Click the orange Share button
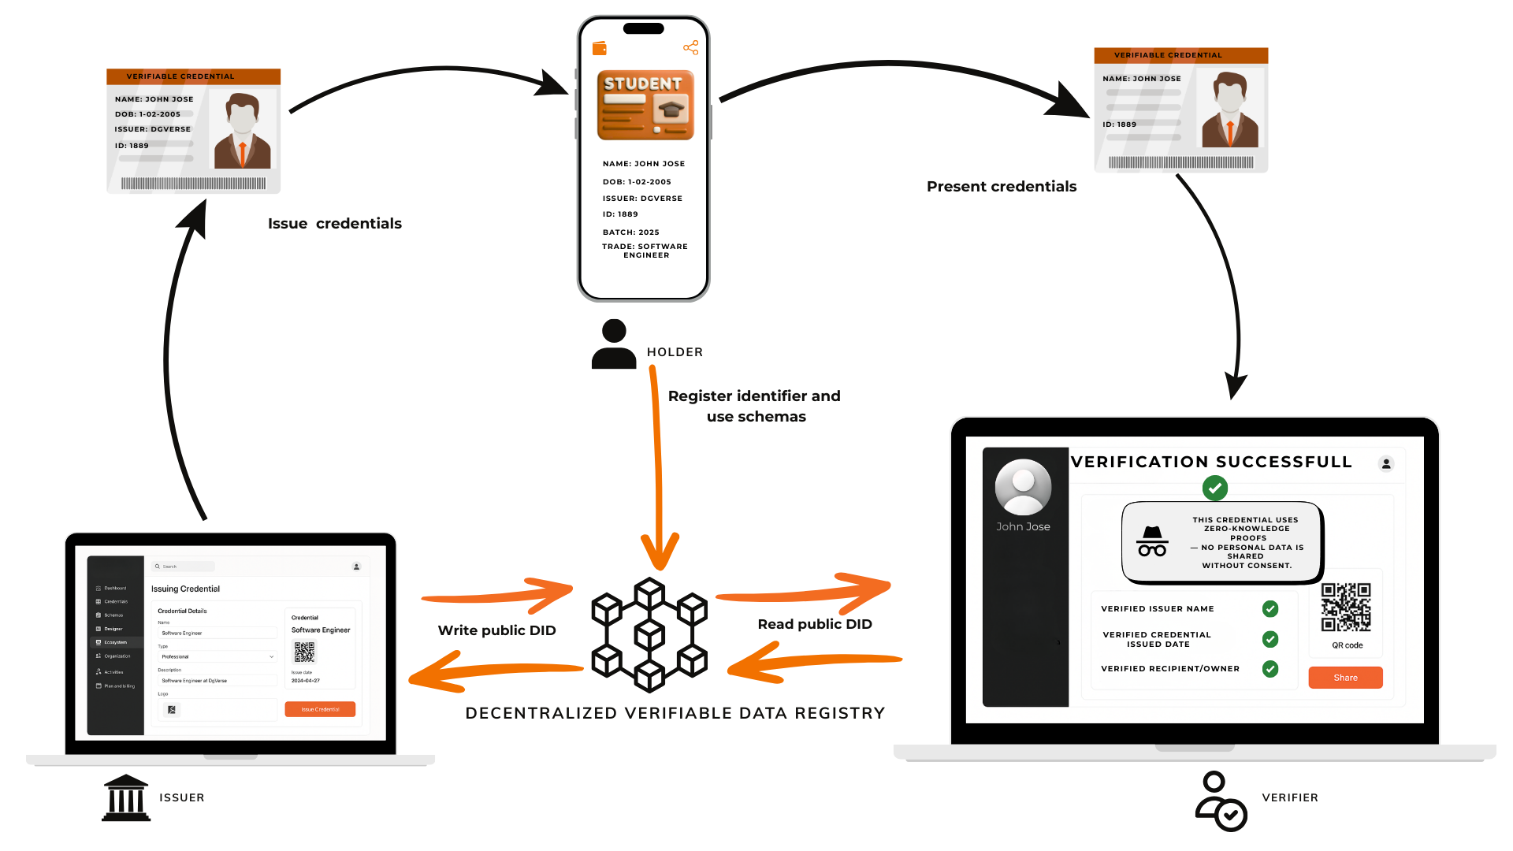point(1345,678)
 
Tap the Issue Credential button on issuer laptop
point(320,709)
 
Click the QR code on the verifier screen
point(1346,607)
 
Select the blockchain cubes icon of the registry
point(649,635)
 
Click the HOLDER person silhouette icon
point(614,344)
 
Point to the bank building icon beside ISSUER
point(126,797)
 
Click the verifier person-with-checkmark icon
point(1221,801)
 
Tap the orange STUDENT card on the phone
point(645,106)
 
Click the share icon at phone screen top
point(691,48)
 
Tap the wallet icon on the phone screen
point(600,48)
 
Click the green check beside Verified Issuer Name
point(1270,608)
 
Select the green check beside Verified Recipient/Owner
point(1270,669)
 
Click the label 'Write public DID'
point(496,630)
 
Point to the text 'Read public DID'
point(815,624)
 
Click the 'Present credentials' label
point(1001,187)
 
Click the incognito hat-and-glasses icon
point(1152,541)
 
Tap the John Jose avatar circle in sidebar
point(1023,487)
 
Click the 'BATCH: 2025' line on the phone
point(630,232)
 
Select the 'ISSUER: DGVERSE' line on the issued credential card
point(153,129)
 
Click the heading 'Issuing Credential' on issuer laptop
point(185,589)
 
